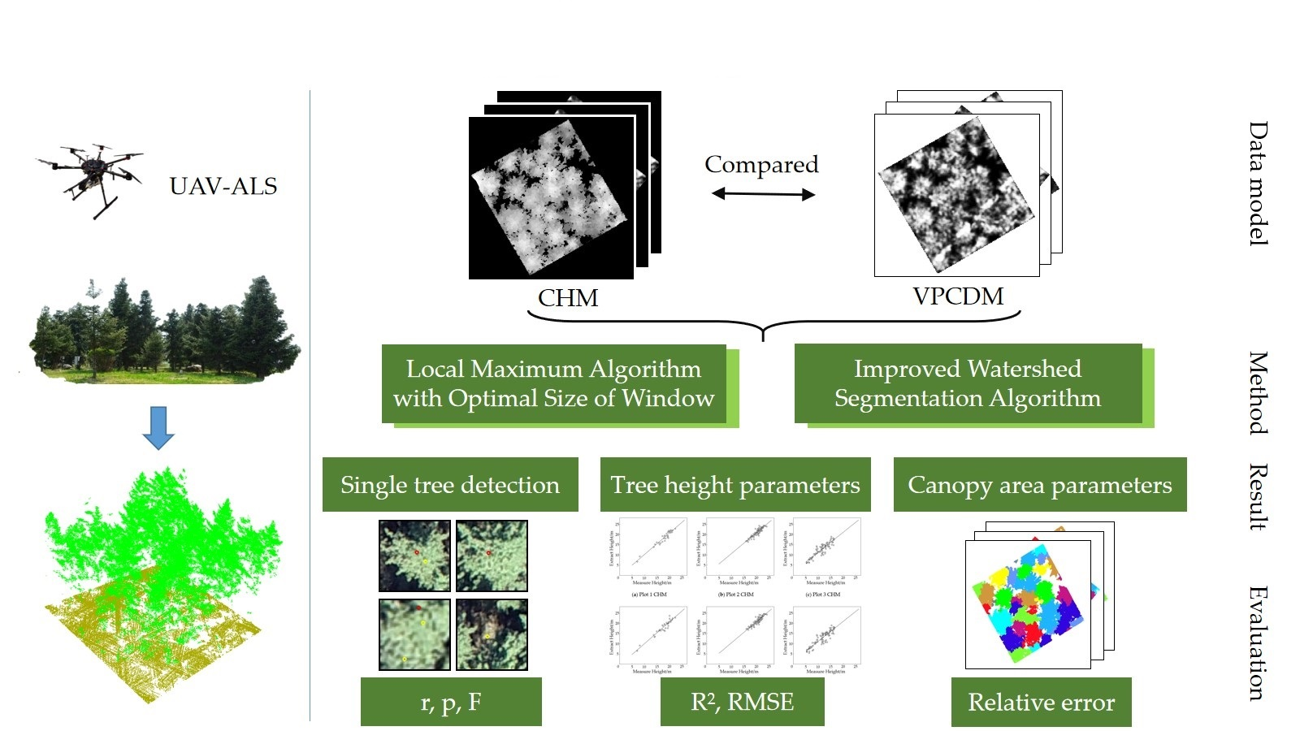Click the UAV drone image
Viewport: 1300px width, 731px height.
pos(91,177)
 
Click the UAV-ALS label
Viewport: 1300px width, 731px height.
pos(223,186)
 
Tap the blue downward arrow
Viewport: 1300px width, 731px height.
pos(158,427)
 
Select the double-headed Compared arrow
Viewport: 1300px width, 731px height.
pos(763,194)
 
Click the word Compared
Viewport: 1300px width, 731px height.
pos(761,164)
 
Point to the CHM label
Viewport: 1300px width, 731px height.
pos(568,298)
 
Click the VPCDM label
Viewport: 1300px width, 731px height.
pos(958,296)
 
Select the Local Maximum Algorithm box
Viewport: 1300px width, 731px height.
pos(554,383)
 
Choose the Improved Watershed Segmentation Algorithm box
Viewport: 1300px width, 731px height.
pos(968,383)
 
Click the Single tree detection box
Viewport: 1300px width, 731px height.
pos(450,485)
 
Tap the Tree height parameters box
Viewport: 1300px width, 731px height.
pos(735,485)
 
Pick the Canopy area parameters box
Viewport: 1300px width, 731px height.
pos(1040,485)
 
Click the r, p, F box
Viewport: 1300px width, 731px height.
pos(451,702)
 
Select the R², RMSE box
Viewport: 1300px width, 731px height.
pos(742,702)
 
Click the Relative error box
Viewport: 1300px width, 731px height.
pos(1041,702)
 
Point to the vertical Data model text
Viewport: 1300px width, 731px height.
pos(1258,184)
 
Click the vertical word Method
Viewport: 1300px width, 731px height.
pos(1258,393)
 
